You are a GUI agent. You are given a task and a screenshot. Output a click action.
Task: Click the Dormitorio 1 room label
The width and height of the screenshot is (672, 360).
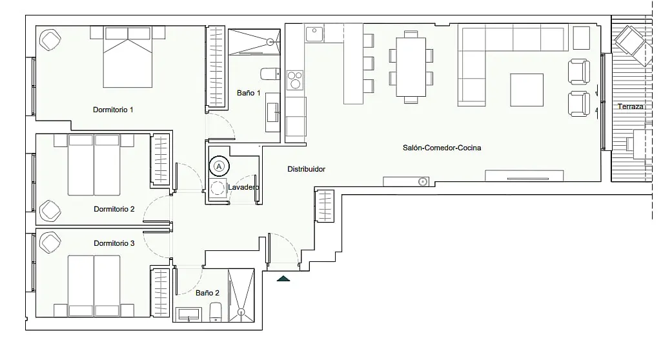113,110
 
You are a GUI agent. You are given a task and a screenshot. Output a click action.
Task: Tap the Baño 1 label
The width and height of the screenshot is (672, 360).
249,92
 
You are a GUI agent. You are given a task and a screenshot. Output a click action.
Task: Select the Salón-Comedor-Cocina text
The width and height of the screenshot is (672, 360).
442,148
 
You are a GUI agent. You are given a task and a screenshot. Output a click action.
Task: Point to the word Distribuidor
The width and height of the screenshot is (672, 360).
306,169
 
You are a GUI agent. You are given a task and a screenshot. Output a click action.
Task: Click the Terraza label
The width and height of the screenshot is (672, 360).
631,106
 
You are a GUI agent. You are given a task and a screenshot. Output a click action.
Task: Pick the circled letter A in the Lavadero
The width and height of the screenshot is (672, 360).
219,166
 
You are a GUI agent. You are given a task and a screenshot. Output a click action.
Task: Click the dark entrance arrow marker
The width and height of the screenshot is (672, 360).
283,279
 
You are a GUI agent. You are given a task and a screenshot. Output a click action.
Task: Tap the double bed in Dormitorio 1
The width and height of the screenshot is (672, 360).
128,57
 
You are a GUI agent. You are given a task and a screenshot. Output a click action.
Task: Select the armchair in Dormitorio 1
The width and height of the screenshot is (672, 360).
50,39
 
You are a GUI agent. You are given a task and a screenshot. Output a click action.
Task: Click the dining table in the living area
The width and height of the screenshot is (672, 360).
411,67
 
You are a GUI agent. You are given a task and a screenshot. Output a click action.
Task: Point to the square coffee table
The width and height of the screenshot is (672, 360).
527,90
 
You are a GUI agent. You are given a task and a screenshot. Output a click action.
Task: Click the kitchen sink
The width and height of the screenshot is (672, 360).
314,34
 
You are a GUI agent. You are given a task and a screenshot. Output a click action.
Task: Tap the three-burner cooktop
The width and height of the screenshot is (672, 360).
295,80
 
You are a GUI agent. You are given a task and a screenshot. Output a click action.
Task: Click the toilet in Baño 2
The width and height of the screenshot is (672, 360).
216,312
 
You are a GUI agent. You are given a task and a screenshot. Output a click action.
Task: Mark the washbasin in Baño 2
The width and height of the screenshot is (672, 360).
189,314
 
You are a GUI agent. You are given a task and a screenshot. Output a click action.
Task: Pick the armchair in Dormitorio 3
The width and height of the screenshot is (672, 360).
50,243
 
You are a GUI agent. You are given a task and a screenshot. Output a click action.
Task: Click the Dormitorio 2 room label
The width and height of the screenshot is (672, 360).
114,209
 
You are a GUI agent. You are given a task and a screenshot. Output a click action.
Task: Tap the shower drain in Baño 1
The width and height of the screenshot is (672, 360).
270,41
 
